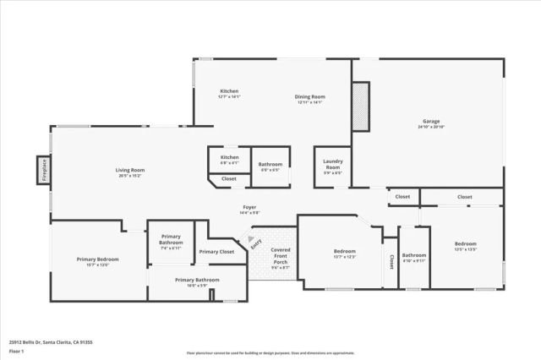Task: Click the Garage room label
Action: click(431, 122)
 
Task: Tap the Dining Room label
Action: click(309, 97)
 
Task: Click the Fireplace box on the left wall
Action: click(43, 170)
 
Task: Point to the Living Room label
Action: click(130, 170)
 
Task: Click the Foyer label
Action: click(249, 207)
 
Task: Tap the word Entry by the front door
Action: click(256, 244)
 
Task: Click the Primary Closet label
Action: click(216, 252)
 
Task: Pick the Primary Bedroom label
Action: click(97, 259)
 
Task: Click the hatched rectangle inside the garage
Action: click(361, 106)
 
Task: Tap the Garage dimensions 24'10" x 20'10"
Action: click(431, 127)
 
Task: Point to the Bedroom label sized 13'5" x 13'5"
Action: click(466, 243)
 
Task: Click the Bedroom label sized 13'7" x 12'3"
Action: click(344, 251)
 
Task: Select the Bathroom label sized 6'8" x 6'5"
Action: click(270, 164)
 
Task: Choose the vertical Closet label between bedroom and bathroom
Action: click(391, 262)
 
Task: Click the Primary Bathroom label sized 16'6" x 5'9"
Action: click(197, 280)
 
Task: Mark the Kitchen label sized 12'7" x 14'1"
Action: click(229, 91)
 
